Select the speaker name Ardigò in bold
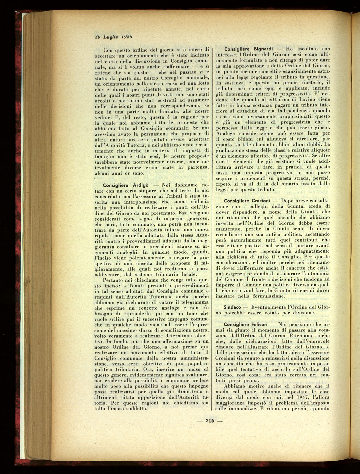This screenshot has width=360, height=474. pos(137,185)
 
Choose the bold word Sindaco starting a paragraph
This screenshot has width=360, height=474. pos(231,308)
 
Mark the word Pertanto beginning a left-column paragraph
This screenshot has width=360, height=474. pos(113,280)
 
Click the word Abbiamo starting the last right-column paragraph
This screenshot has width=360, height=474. pos(233,386)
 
